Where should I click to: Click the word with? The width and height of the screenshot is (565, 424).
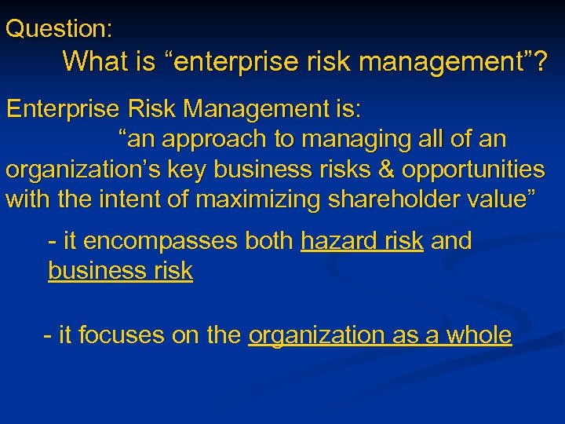[28, 199]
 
